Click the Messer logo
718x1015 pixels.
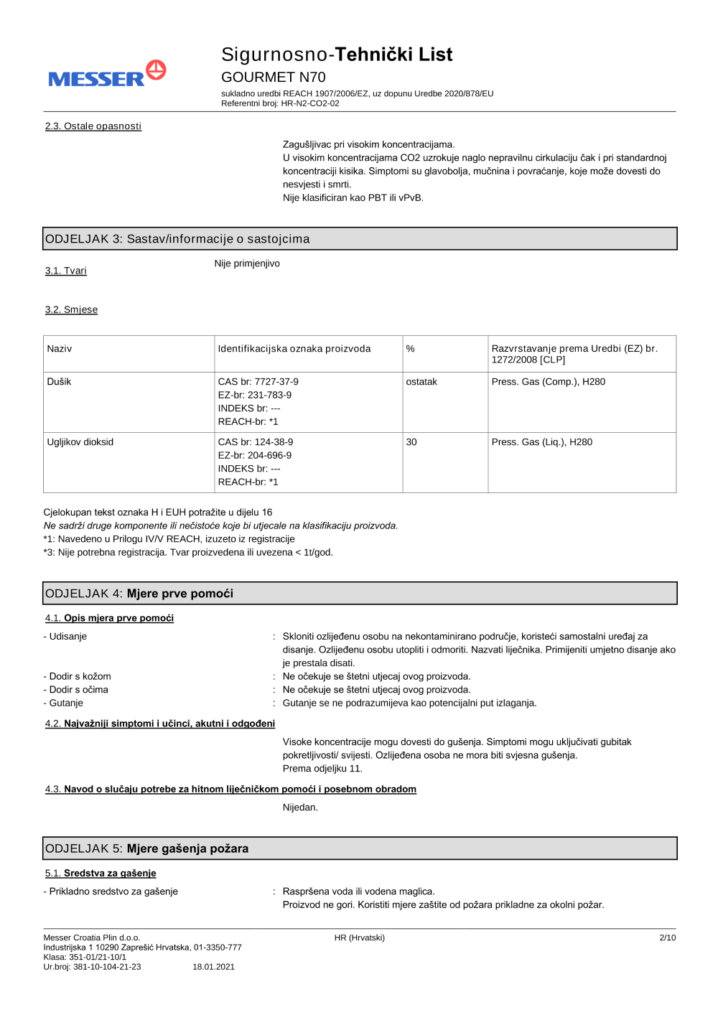pos(107,75)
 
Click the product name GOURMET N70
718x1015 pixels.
pos(273,78)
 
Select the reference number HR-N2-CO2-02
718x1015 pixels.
pos(310,103)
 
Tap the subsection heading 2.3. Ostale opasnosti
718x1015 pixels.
pos(93,126)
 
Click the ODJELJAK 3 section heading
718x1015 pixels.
pos(177,239)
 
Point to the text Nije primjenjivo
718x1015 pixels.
pos(247,263)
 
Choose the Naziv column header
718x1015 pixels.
pos(60,349)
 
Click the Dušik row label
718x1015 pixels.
pos(60,382)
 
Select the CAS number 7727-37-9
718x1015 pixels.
pos(276,382)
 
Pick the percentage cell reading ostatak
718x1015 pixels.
pos(421,382)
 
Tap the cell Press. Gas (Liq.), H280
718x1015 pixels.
pos(542,442)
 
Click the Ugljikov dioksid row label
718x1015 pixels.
pos(80,442)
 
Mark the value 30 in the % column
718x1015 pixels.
pos(411,442)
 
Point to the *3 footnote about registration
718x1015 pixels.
pos(188,553)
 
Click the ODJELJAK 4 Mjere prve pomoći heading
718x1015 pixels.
pos(139,594)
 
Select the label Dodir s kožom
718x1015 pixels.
pos(80,677)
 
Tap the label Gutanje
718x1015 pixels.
pos(66,703)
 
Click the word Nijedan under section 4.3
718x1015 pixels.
pos(300,808)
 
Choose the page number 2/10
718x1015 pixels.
pos(667,937)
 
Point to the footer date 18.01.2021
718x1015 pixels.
pos(213,967)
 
